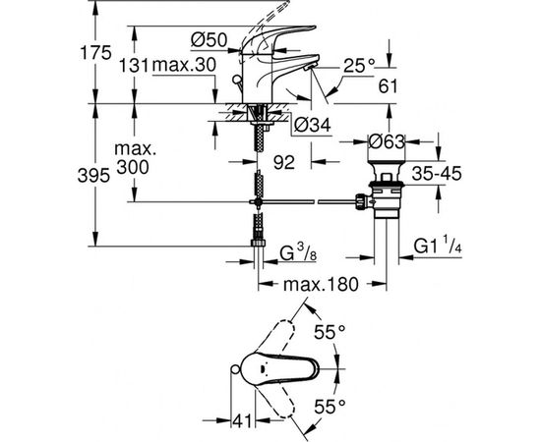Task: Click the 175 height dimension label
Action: (96, 53)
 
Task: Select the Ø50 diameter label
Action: (210, 40)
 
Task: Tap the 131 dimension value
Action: (134, 65)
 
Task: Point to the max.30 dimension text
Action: (184, 65)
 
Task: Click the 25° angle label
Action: (359, 65)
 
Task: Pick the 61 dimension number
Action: (389, 86)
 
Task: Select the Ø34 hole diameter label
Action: (312, 125)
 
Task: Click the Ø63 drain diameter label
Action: (387, 141)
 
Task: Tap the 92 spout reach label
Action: (284, 162)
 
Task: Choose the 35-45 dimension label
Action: (437, 174)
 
